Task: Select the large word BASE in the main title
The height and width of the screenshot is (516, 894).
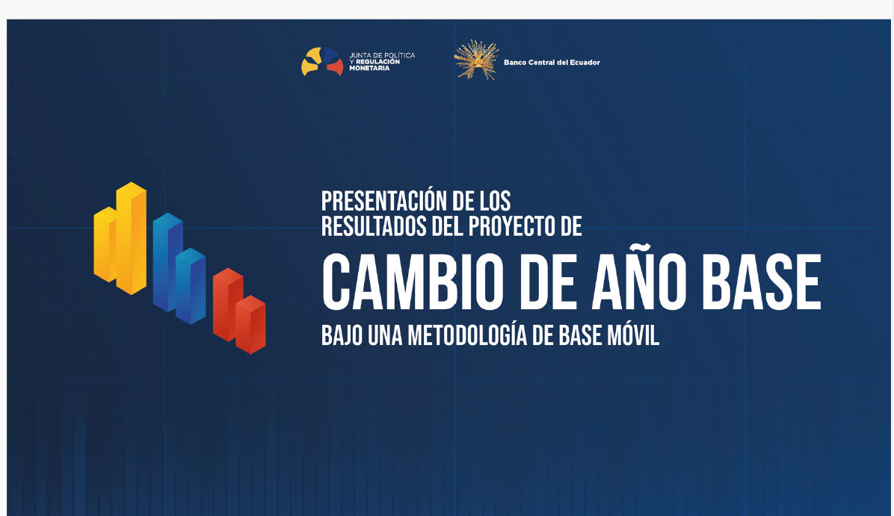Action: click(x=762, y=282)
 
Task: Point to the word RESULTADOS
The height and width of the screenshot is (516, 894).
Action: click(x=374, y=226)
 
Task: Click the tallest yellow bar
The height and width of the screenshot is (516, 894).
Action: click(x=131, y=238)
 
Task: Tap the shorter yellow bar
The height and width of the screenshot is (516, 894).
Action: click(x=105, y=244)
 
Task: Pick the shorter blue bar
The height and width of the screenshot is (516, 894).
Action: click(x=191, y=286)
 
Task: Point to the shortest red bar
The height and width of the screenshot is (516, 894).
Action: click(x=250, y=325)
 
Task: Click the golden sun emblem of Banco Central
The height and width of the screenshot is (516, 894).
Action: click(x=477, y=60)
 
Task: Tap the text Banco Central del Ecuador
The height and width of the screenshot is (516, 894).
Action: click(x=552, y=63)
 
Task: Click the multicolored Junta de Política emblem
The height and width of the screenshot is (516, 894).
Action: click(x=322, y=61)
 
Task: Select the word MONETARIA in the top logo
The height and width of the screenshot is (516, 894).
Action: click(x=369, y=69)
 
